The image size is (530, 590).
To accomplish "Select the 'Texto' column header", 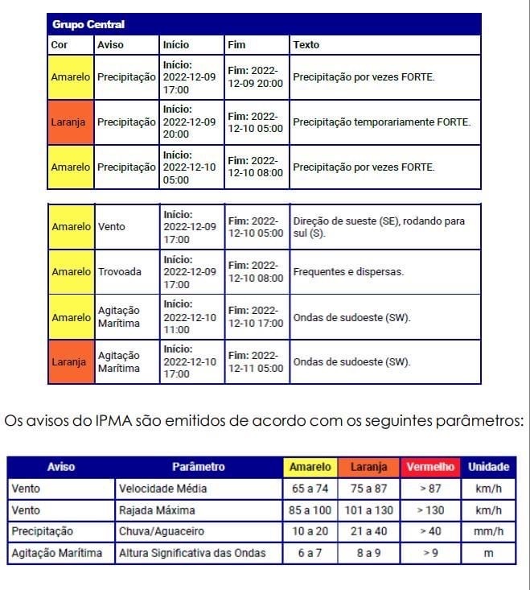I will (x=306, y=45).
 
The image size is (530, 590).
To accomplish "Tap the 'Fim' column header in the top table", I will (x=236, y=45).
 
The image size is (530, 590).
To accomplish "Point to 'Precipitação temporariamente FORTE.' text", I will (x=382, y=122).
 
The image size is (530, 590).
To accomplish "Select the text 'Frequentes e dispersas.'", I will (x=348, y=272).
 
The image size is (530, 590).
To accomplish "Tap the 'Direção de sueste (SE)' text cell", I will (x=379, y=227).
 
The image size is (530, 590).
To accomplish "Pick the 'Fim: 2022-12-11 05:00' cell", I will (x=256, y=362).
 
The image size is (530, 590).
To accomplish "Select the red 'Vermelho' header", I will (x=430, y=467).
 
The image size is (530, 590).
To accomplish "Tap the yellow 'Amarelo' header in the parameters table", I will (x=310, y=467).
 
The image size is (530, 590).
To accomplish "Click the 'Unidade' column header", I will (x=489, y=467).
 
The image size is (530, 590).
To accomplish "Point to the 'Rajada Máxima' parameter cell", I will (x=157, y=510).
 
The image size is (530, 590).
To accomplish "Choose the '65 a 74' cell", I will (x=310, y=489).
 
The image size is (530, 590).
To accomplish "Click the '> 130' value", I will (x=430, y=510).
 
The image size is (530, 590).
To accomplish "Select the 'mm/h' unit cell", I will (x=489, y=531).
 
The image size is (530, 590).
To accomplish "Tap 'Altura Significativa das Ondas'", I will (x=192, y=553).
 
